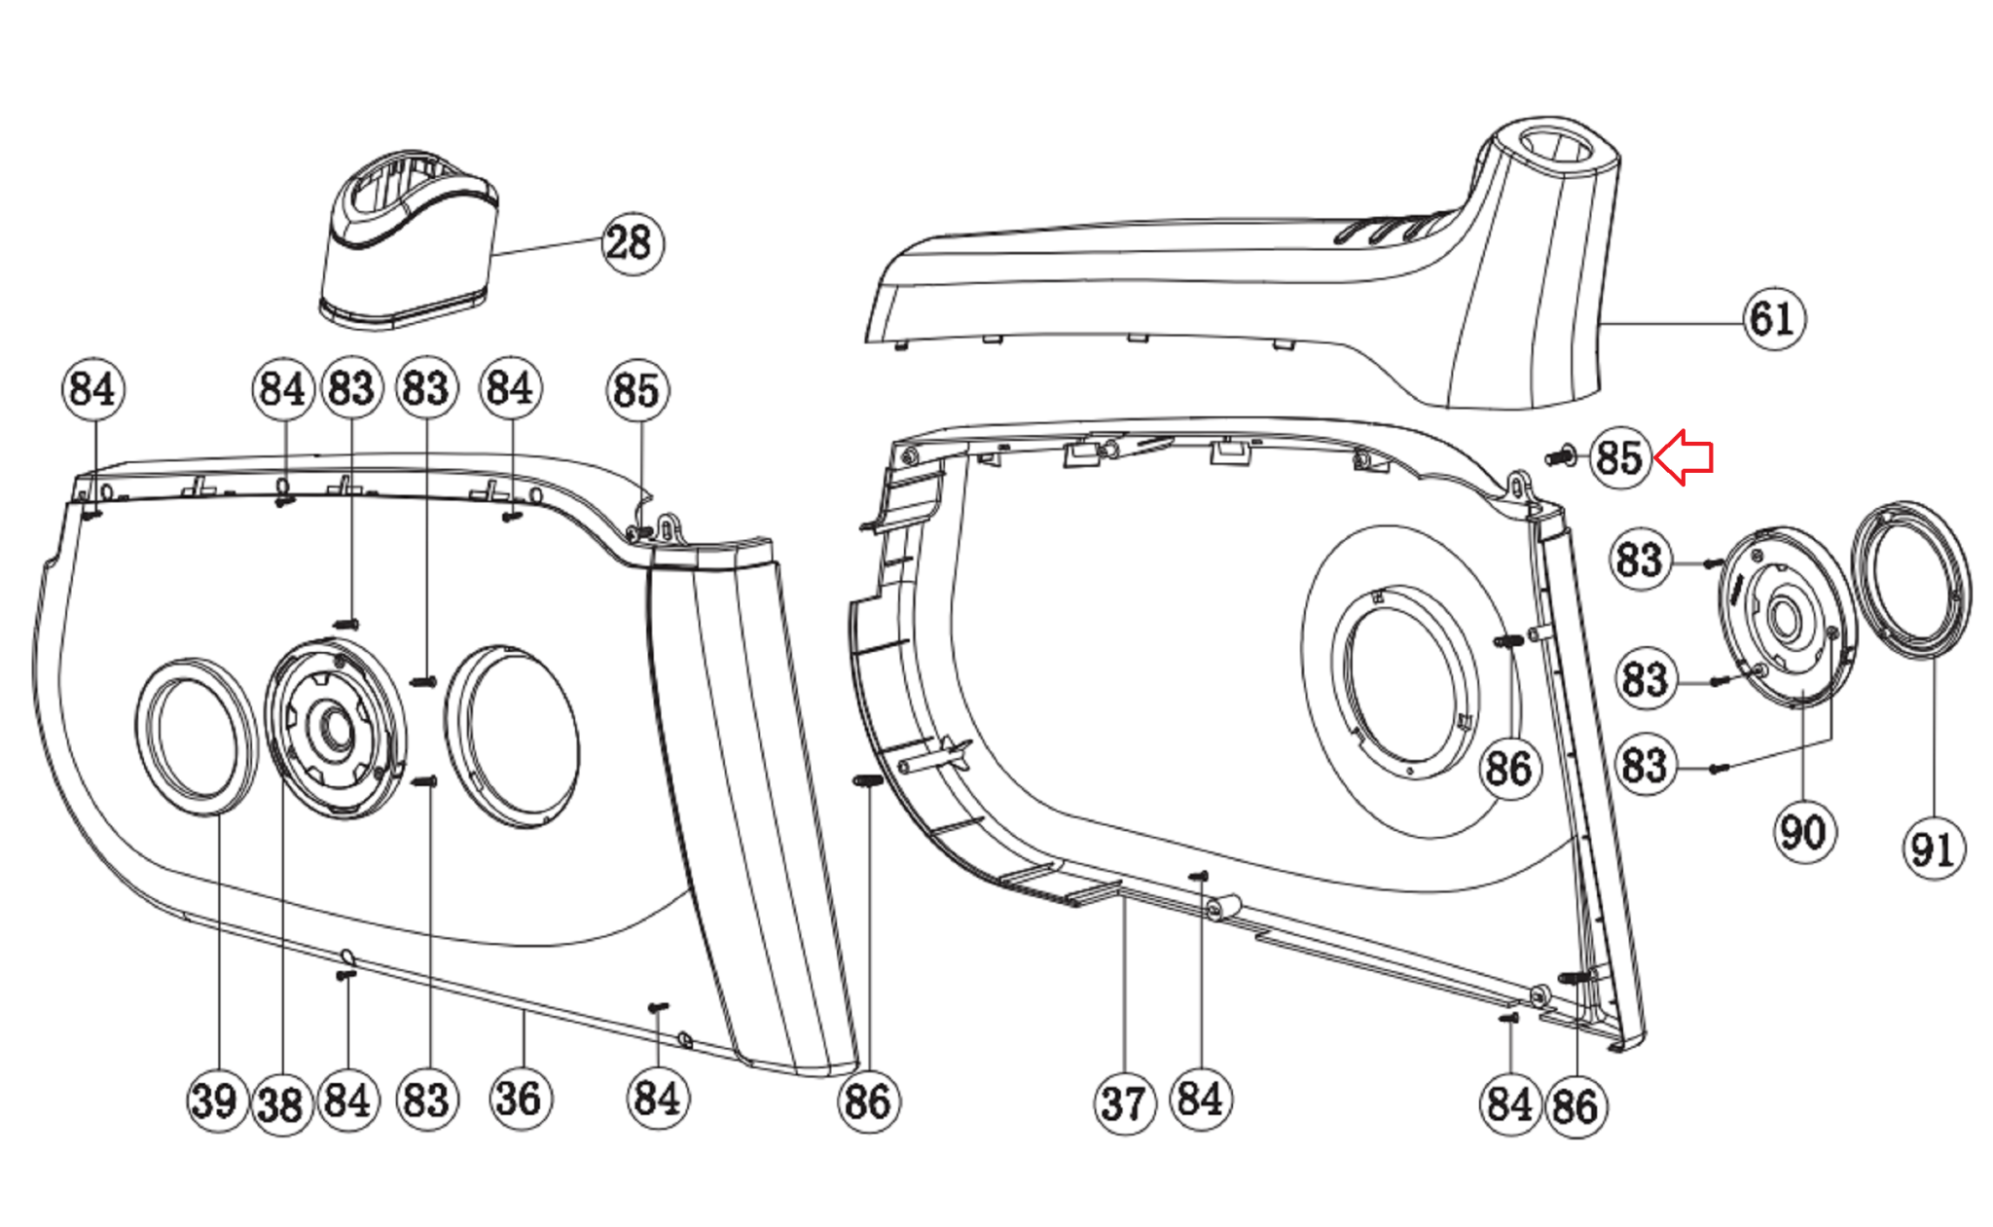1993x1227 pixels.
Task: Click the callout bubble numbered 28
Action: (x=633, y=243)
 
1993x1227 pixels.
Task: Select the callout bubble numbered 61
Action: (x=1772, y=319)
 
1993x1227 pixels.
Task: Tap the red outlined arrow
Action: (x=1685, y=458)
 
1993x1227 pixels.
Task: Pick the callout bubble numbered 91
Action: (x=1933, y=849)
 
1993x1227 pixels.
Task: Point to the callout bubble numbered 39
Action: (x=216, y=1101)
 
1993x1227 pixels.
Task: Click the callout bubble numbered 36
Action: (x=520, y=1100)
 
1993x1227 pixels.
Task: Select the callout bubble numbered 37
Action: (x=1124, y=1103)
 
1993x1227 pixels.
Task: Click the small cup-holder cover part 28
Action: (x=409, y=243)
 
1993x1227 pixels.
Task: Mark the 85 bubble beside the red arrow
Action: (x=1619, y=457)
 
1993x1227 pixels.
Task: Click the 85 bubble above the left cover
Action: (x=637, y=390)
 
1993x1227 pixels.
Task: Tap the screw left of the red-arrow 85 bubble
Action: (x=1561, y=455)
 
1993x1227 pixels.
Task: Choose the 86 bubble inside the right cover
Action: (x=1508, y=769)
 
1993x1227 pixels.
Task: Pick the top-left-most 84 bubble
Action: (x=93, y=389)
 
